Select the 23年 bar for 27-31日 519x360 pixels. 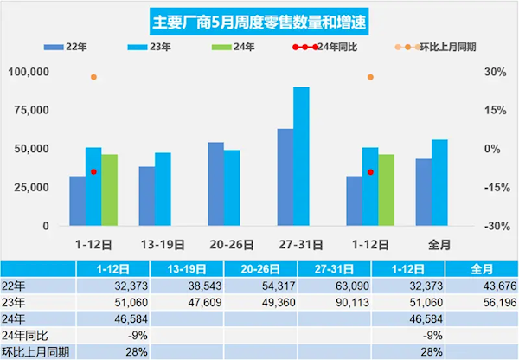tap(301, 156)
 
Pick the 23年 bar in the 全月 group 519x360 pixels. tap(439, 182)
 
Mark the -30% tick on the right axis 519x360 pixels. tap(491, 226)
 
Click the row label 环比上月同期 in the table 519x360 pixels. tap(35, 351)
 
